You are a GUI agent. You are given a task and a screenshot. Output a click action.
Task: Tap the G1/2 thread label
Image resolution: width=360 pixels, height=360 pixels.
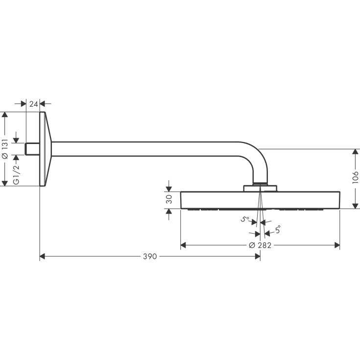click(x=16, y=174)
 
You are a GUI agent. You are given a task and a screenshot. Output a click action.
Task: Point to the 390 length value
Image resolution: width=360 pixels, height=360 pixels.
click(x=149, y=257)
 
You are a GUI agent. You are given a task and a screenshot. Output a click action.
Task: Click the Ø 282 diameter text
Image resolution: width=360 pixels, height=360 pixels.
click(x=260, y=245)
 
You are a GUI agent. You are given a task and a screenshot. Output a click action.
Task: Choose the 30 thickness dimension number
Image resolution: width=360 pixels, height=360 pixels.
click(x=169, y=199)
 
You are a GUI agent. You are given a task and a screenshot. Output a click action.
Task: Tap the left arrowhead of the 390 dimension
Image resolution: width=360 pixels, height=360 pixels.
click(x=43, y=257)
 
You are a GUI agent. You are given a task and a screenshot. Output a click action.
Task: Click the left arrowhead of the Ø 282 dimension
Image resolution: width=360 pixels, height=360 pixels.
click(x=184, y=245)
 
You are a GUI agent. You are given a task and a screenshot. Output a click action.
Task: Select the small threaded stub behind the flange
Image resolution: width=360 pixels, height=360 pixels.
click(x=32, y=149)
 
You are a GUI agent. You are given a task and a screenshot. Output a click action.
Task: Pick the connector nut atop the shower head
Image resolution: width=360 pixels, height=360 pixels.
click(x=261, y=188)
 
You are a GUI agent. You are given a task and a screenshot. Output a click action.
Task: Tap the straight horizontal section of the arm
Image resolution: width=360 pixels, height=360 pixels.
click(x=147, y=149)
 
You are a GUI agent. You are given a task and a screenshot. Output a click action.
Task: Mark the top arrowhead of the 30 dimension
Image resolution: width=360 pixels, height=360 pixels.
click(x=169, y=188)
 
